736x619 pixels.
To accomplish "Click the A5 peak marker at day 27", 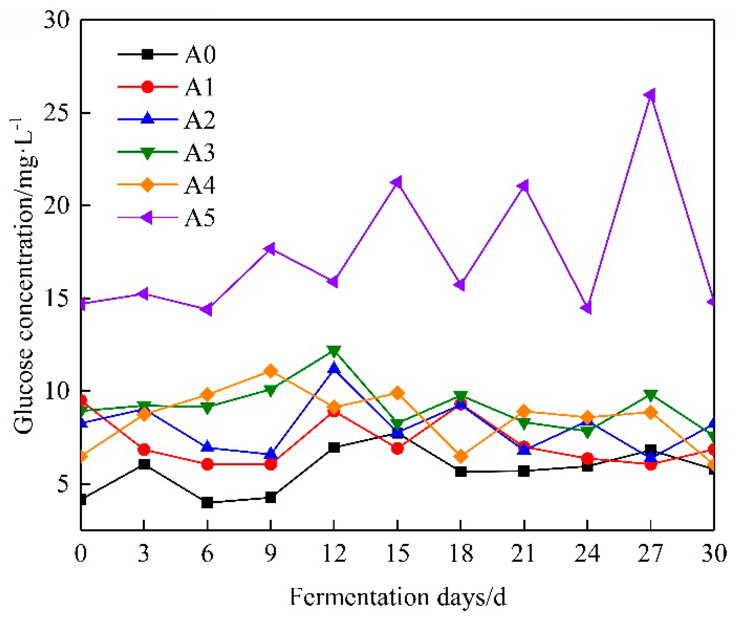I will (x=650, y=95).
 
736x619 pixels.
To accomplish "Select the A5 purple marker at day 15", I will (x=397, y=183).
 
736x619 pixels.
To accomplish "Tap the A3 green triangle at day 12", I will (x=334, y=351).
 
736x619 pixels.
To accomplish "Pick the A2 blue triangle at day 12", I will (x=334, y=368).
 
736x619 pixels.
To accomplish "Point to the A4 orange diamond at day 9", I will (x=271, y=371).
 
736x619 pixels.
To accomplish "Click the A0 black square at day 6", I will (x=207, y=503).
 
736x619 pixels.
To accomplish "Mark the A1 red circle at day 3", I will (x=144, y=450).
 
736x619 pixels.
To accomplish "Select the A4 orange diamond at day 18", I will (x=461, y=456).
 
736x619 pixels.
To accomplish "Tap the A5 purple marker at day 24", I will (x=587, y=309).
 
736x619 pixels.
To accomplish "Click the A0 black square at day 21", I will (x=524, y=471).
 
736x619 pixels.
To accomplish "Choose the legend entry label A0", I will (x=200, y=55).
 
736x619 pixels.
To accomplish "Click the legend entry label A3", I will (x=199, y=153).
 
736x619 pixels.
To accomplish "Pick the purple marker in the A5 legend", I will (x=147, y=217).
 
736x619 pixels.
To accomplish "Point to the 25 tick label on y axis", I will (x=57, y=112).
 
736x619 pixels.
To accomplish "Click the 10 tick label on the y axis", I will (x=57, y=391).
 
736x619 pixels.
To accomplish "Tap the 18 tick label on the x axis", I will (x=461, y=553).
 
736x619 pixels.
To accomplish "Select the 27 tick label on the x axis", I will (x=650, y=553).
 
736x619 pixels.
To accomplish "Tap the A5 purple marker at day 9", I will (x=270, y=249).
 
